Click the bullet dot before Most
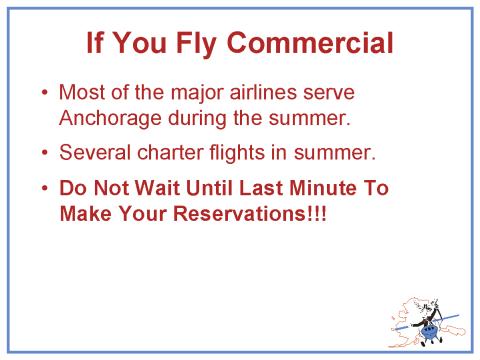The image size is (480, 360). [44, 93]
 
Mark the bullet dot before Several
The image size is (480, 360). [44, 153]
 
